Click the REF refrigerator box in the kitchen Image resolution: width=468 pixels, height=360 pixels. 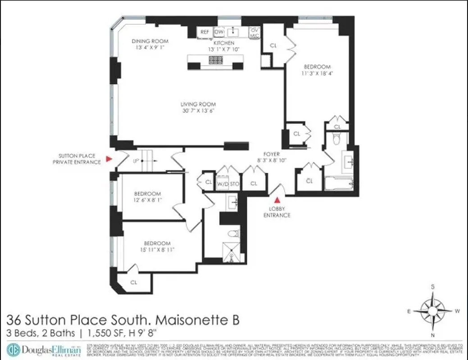pyautogui.click(x=205, y=32)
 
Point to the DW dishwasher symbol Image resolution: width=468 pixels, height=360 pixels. pyautogui.click(x=219, y=32)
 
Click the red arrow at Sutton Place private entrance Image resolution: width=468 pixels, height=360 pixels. pyautogui.click(x=108, y=159)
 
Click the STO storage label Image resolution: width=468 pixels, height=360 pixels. pyautogui.click(x=234, y=184)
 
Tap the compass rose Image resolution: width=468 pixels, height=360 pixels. pyautogui.click(x=432, y=310)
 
